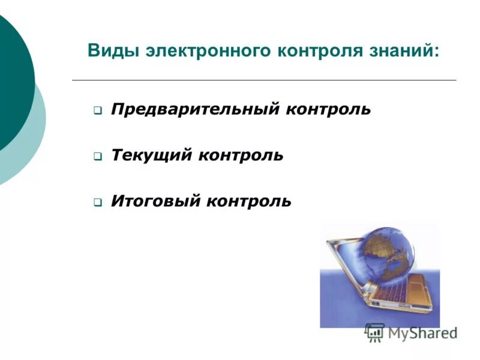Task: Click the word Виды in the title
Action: (113, 50)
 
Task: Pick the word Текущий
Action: (151, 155)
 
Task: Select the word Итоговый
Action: (155, 201)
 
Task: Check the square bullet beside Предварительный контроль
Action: (97, 111)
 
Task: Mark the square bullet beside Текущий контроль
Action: (97, 157)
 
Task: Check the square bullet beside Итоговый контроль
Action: (97, 202)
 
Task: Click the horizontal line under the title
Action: (264, 80)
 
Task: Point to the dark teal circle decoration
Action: (12, 78)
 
